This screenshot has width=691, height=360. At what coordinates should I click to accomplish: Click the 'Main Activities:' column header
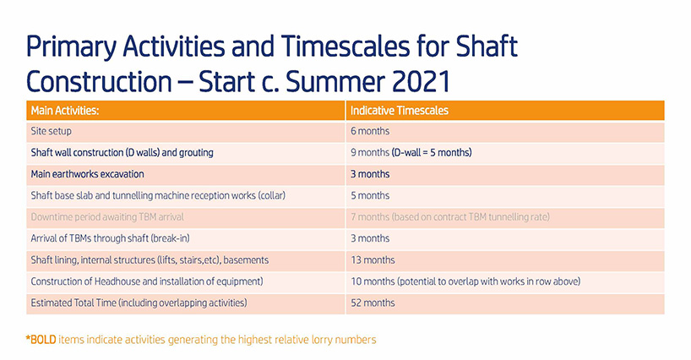(x=65, y=110)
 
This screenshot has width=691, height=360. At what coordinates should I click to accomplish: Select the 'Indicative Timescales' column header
(x=400, y=110)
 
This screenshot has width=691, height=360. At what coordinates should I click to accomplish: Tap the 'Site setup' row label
(x=52, y=131)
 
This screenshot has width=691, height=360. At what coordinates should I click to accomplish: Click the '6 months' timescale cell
(x=370, y=131)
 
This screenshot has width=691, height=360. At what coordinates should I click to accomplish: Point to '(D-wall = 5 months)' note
(x=432, y=152)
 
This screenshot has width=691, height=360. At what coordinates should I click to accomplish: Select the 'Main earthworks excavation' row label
(x=87, y=174)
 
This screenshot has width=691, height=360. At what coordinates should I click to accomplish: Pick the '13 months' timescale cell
(x=373, y=260)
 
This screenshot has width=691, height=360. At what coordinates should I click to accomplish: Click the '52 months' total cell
(x=373, y=303)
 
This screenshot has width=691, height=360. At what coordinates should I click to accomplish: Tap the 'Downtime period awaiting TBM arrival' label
(x=107, y=217)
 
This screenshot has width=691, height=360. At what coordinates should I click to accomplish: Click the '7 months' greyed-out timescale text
(x=370, y=217)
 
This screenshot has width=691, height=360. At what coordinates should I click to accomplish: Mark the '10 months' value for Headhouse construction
(x=373, y=281)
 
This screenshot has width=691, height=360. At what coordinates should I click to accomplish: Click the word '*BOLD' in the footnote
(x=41, y=340)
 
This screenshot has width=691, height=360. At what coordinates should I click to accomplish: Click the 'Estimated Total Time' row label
(x=73, y=303)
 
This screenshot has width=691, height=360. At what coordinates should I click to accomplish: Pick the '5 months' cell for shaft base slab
(x=370, y=195)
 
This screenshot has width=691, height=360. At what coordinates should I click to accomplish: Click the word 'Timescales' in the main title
(x=345, y=46)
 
